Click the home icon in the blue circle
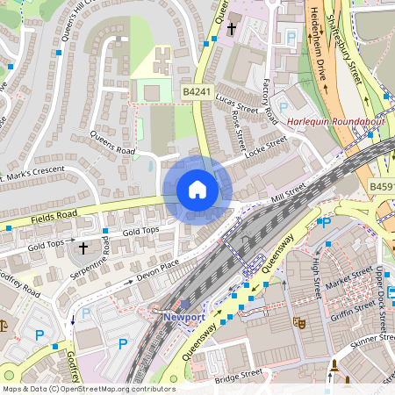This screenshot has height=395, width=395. [197, 190]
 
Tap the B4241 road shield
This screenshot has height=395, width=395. [197, 90]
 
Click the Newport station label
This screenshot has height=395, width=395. [184, 317]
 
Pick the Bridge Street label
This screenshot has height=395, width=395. [238, 374]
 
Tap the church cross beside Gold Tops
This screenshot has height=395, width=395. [84, 248]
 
